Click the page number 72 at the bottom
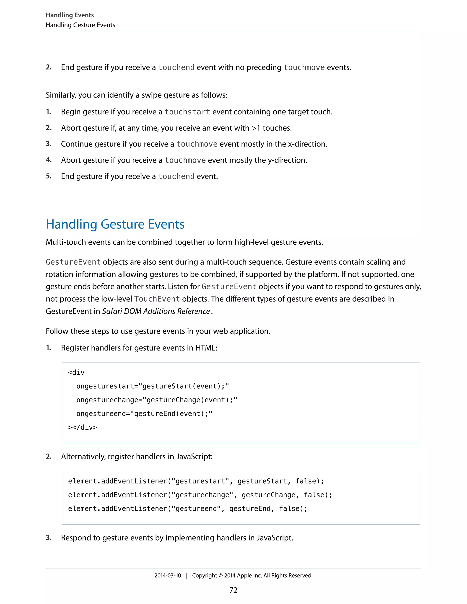[x=233, y=590]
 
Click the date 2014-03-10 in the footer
[x=168, y=576]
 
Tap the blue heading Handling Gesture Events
[x=115, y=224]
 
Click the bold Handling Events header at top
[x=70, y=15]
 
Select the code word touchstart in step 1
[x=187, y=112]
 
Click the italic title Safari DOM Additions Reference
[x=156, y=311]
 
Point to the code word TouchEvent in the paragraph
[x=157, y=299]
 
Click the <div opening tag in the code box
[x=76, y=372]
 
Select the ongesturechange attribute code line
[x=157, y=400]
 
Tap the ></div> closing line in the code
[x=83, y=427]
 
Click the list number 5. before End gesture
[x=49, y=176]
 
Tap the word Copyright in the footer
[x=205, y=576]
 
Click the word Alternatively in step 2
[x=83, y=457]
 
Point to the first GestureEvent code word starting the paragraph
[x=73, y=262]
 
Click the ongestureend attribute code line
[x=144, y=414]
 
